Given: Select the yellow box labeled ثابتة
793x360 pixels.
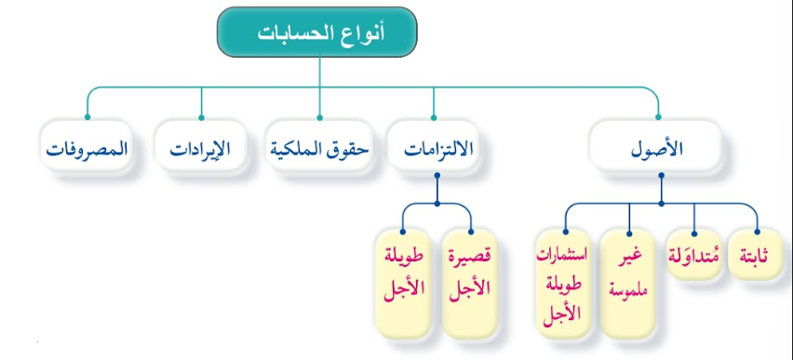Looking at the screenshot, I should pyautogui.click(x=755, y=260).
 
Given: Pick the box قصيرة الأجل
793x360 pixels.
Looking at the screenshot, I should pyautogui.click(x=470, y=274).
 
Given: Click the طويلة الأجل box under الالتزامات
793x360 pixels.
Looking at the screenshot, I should pyautogui.click(x=404, y=274).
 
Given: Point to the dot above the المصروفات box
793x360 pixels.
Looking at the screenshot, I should pyautogui.click(x=87, y=117).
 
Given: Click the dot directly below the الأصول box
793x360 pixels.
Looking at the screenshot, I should pyautogui.click(x=660, y=198).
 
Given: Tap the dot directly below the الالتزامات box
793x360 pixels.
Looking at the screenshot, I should pyautogui.click(x=437, y=198).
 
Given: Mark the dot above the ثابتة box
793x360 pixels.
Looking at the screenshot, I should pyautogui.click(x=757, y=231).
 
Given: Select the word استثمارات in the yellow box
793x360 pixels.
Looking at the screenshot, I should pyautogui.click(x=564, y=252).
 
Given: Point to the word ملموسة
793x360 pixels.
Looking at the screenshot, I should pyautogui.click(x=630, y=289).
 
